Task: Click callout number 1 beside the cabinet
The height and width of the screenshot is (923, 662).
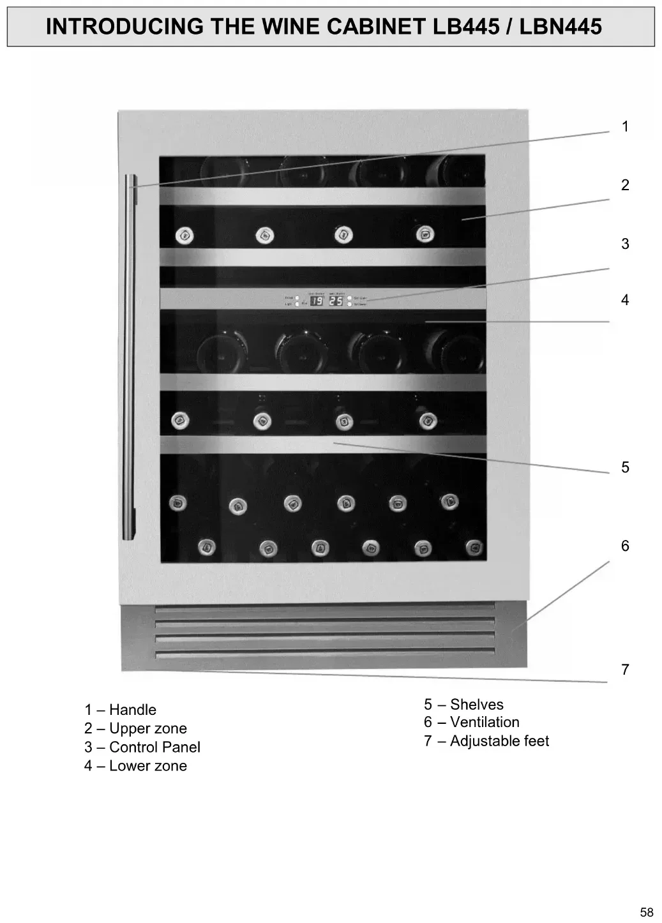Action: pyautogui.click(x=625, y=127)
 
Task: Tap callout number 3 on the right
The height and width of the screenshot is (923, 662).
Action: pyautogui.click(x=625, y=244)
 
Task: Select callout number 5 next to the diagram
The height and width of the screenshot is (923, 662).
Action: pyautogui.click(x=625, y=467)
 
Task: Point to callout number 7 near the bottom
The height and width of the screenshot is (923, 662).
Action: pyautogui.click(x=625, y=670)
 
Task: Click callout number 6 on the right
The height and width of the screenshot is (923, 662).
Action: pyautogui.click(x=625, y=546)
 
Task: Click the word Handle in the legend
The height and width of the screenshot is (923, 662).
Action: pyautogui.click(x=132, y=710)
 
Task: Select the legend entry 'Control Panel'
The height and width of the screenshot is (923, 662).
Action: pyautogui.click(x=154, y=747)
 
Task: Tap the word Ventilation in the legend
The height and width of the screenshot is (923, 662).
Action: pyautogui.click(x=485, y=722)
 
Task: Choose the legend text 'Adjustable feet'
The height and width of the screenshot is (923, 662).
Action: pyautogui.click(x=499, y=741)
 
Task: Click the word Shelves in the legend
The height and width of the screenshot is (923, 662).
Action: pyautogui.click(x=476, y=705)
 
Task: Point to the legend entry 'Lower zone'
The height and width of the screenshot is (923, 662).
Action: pyautogui.click(x=147, y=766)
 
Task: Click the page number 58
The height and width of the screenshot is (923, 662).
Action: pyautogui.click(x=647, y=912)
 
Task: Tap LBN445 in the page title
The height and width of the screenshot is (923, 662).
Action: pyautogui.click(x=560, y=26)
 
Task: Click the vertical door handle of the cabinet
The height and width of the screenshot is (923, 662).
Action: pyautogui.click(x=130, y=357)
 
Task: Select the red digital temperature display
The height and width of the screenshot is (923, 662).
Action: pyautogui.click(x=326, y=300)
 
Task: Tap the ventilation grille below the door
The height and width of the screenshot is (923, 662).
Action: pyautogui.click(x=324, y=634)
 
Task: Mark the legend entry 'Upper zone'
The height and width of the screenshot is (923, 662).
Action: pyautogui.click(x=147, y=728)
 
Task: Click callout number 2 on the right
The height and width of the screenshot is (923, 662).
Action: pyautogui.click(x=625, y=185)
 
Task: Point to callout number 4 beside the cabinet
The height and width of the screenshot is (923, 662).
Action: pyautogui.click(x=625, y=300)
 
